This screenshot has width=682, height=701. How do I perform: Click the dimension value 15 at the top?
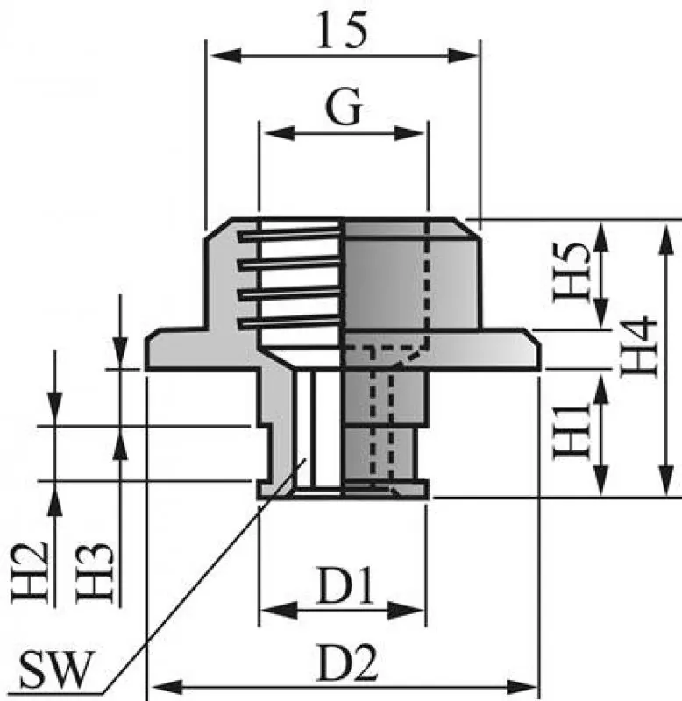coord(342,32)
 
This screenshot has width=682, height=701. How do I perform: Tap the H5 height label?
coord(571,273)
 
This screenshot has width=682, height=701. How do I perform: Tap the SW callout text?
coord(53,672)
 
